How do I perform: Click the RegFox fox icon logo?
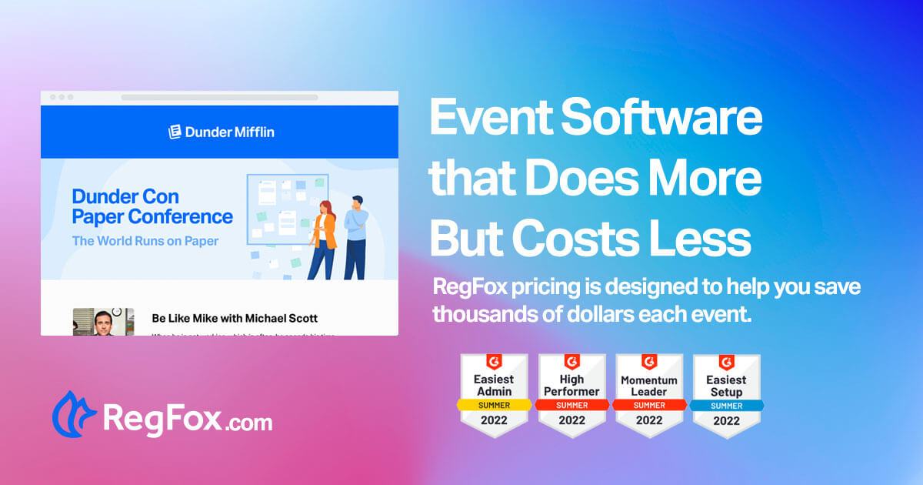pyautogui.click(x=74, y=413)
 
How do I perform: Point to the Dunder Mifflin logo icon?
pyautogui.click(x=175, y=132)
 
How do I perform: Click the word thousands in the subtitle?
pyautogui.click(x=482, y=314)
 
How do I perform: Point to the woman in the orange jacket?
pyautogui.click(x=324, y=239)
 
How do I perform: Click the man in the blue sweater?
pyautogui.click(x=355, y=237)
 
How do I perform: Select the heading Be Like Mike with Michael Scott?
pyautogui.click(x=235, y=318)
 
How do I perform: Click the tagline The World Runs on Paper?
pyautogui.click(x=145, y=241)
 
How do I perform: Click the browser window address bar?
pyautogui.click(x=219, y=98)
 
